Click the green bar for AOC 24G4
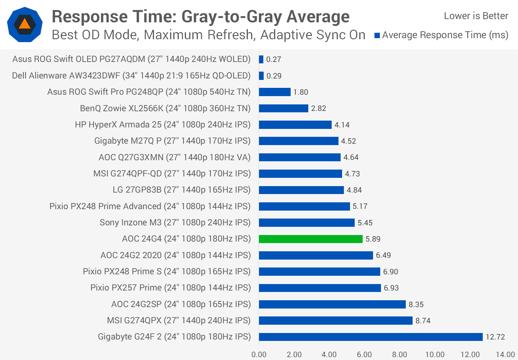coord(310,239)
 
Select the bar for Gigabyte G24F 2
coord(371,337)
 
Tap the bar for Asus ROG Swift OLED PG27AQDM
coord(261,59)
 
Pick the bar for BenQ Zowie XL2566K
coord(283,108)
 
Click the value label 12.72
coord(495,337)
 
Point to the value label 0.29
coord(274,76)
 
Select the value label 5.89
coord(373,239)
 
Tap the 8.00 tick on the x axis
coord(399,355)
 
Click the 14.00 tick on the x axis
coord(505,355)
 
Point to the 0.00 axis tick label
coord(259,355)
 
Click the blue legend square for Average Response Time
coord(377,35)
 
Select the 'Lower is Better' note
coord(476,16)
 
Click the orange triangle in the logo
coord(24,24)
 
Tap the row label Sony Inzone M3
coord(175,222)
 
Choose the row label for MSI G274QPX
coord(178,320)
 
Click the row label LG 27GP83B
coord(181,190)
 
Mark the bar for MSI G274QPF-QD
coord(300,174)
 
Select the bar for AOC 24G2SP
coord(332,305)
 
